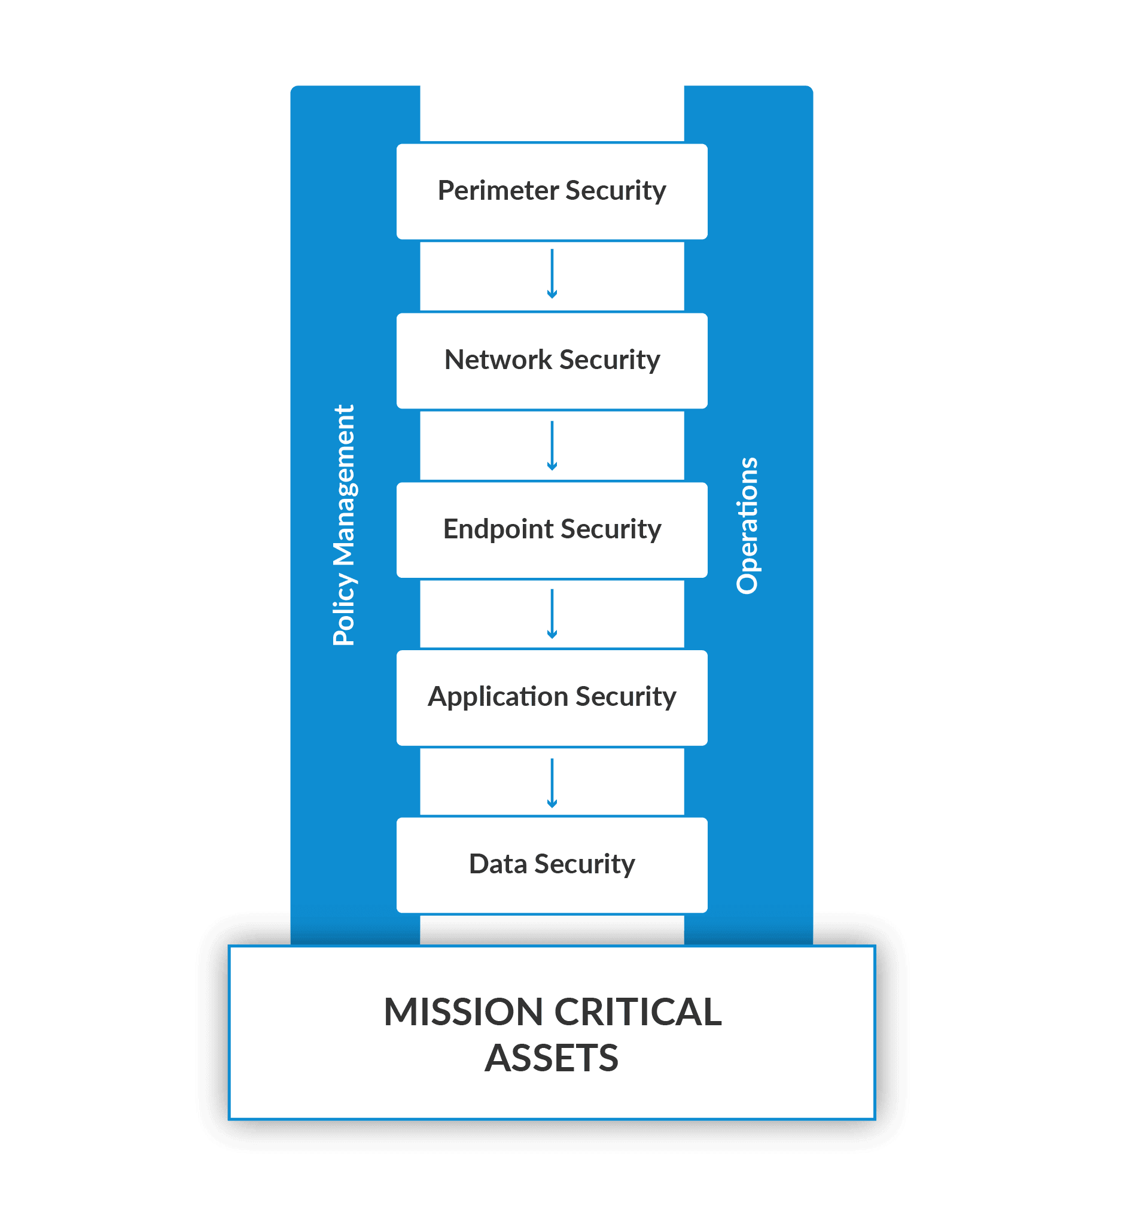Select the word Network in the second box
(x=498, y=359)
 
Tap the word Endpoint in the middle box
(x=498, y=529)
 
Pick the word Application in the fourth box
(x=498, y=697)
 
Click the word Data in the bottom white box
(x=498, y=864)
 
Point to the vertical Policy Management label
(x=343, y=525)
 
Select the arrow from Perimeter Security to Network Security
(x=552, y=274)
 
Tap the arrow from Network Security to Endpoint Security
(x=552, y=445)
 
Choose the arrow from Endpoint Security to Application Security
(x=552, y=613)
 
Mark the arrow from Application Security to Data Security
(x=552, y=783)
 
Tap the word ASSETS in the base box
(x=552, y=1059)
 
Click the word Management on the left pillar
(x=343, y=485)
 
